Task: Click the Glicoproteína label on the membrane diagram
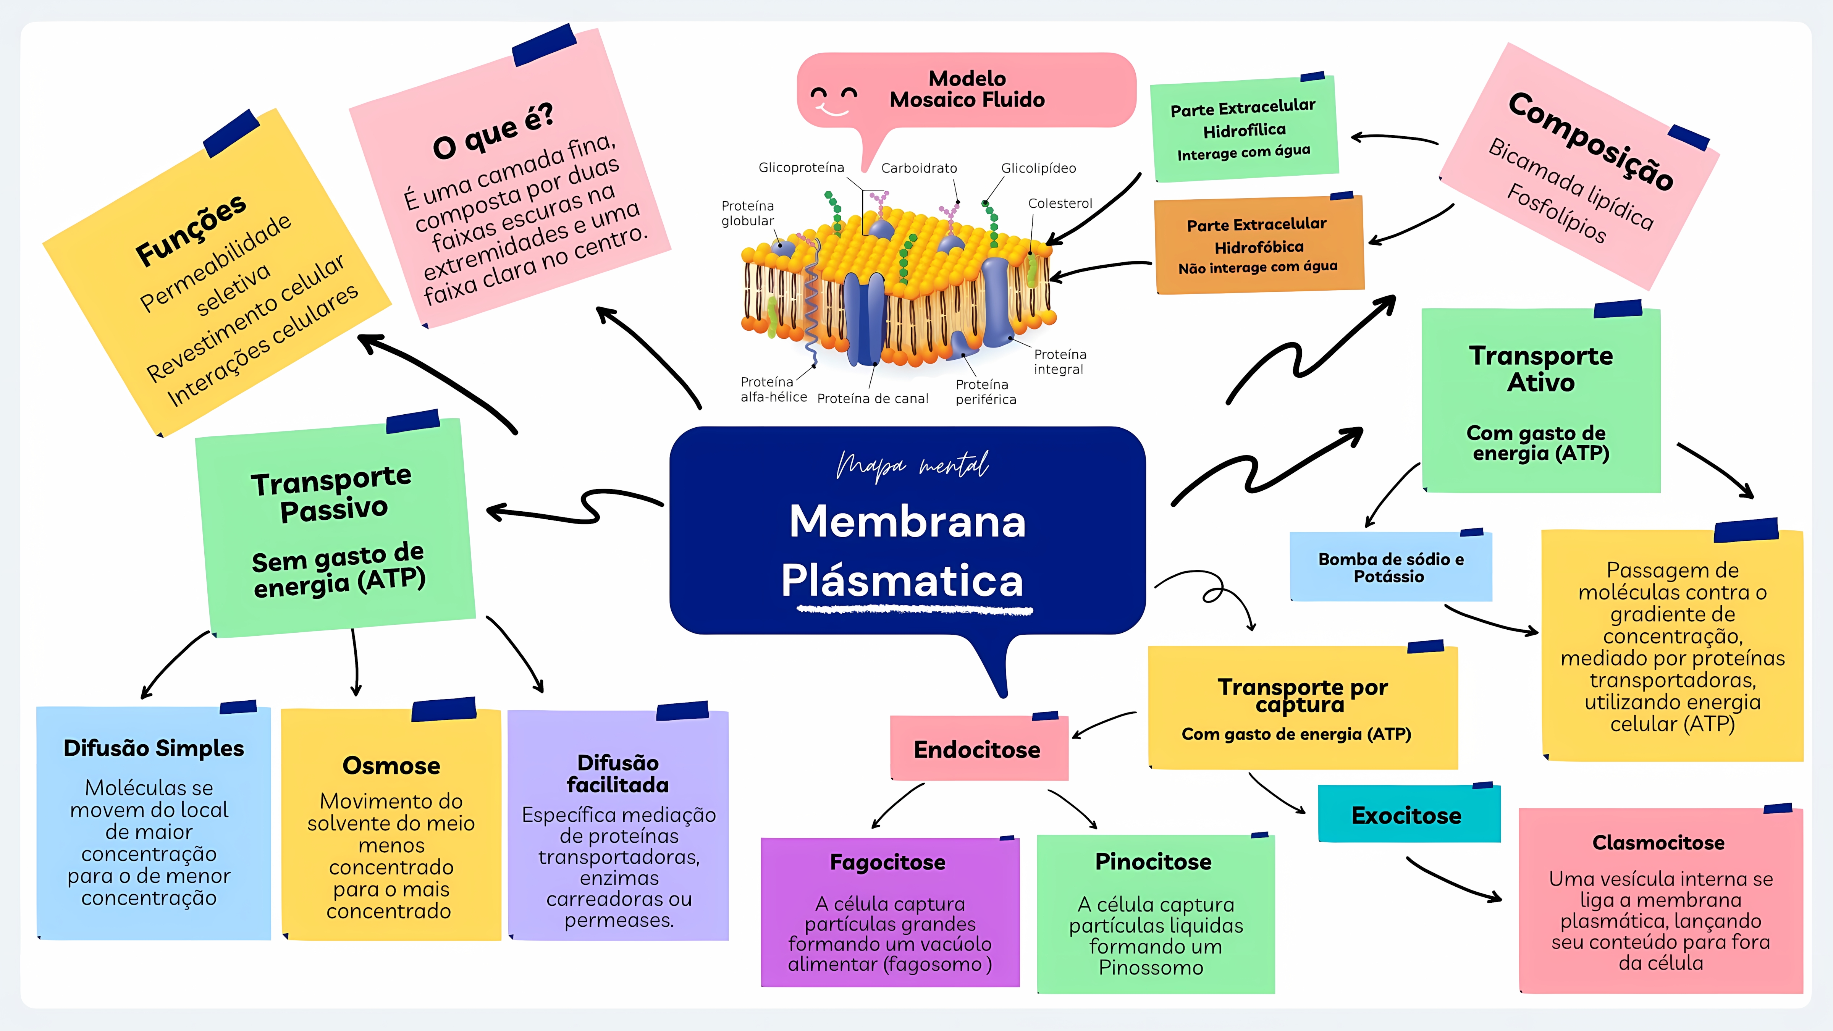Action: [801, 168]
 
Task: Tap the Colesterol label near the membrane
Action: [1060, 204]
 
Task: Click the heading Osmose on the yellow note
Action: [391, 766]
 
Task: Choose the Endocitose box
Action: [978, 749]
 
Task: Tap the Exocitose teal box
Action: [1407, 815]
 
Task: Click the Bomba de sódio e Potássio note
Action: [1390, 568]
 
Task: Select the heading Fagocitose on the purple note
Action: [888, 862]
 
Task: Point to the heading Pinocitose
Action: [1153, 862]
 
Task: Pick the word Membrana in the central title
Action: [907, 522]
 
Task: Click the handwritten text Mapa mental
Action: [912, 466]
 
